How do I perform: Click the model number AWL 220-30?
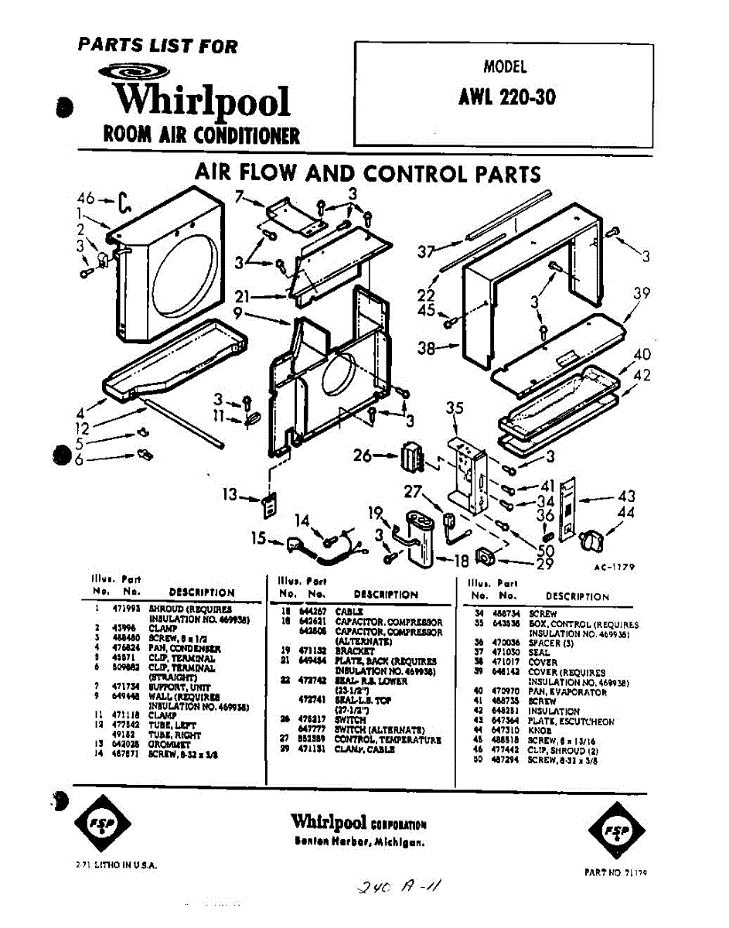[x=506, y=98]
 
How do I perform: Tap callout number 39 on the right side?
[x=641, y=295]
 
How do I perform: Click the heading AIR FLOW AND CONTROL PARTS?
[x=367, y=172]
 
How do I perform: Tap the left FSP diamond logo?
[x=96, y=822]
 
